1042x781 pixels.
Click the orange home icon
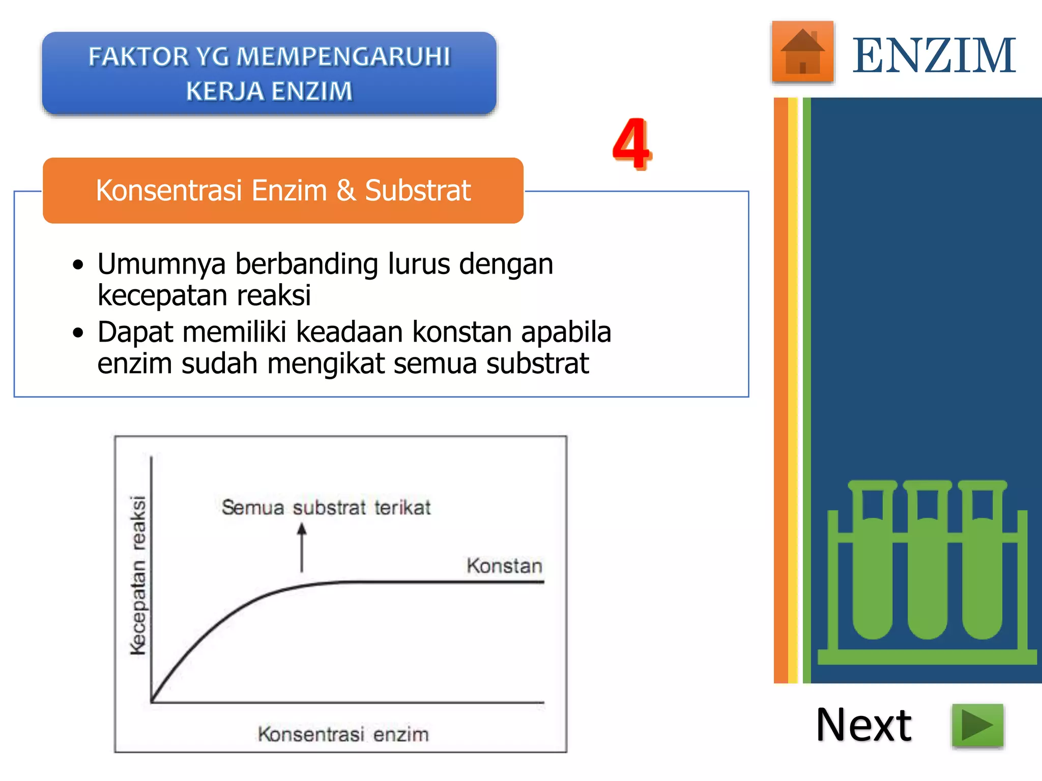802,52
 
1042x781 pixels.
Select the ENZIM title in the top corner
934,55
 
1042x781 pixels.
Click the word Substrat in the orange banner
418,191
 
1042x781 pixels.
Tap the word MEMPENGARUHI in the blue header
344,56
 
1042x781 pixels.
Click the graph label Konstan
504,566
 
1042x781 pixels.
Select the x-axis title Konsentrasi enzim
343,734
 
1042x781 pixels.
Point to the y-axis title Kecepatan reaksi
138,575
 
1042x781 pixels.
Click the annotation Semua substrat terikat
326,507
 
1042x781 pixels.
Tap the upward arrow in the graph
302,548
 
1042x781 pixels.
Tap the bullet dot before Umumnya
78,265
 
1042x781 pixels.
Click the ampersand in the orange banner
345,191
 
